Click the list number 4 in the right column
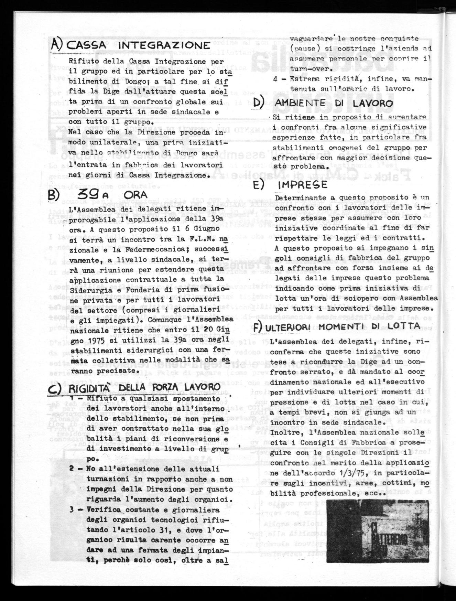[x=275, y=78]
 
